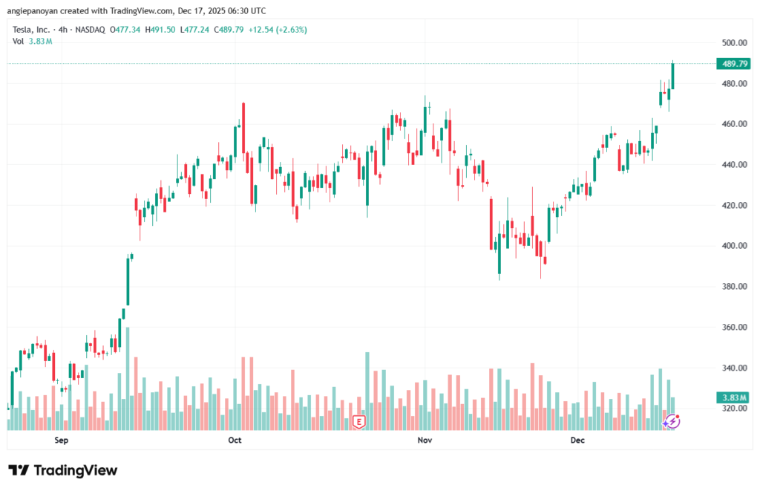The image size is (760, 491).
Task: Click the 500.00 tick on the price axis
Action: pyautogui.click(x=733, y=43)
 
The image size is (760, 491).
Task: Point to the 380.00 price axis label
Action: pyautogui.click(x=733, y=287)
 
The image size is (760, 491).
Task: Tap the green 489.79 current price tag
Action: pyautogui.click(x=733, y=64)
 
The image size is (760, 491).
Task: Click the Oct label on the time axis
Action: pyautogui.click(x=235, y=440)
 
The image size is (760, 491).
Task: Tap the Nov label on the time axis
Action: pyautogui.click(x=425, y=440)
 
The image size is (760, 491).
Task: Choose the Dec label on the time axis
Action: pyautogui.click(x=578, y=440)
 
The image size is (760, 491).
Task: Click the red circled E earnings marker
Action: pyautogui.click(x=359, y=422)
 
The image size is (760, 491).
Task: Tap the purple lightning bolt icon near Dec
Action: pyautogui.click(x=672, y=421)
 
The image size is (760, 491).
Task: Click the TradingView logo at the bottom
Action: pyautogui.click(x=63, y=470)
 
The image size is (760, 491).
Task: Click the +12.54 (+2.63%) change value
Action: pyautogui.click(x=280, y=30)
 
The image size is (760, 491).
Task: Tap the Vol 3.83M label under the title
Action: pyautogui.click(x=32, y=41)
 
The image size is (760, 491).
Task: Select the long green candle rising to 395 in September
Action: pyautogui.click(x=127, y=280)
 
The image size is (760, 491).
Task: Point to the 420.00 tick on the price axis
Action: pyautogui.click(x=733, y=206)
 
